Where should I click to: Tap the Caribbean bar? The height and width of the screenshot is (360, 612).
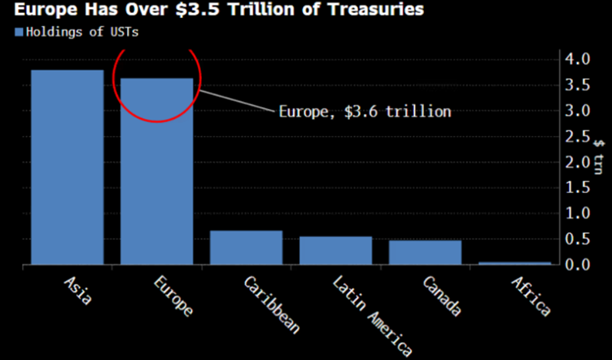[246, 248]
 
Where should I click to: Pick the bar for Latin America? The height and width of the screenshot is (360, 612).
[335, 250]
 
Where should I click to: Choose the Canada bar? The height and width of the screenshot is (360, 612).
[425, 252]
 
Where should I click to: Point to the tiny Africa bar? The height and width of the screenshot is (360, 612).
[514, 263]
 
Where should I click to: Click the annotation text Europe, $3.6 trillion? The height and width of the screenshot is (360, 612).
[364, 112]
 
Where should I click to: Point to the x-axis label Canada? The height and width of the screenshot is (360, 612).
[443, 296]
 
